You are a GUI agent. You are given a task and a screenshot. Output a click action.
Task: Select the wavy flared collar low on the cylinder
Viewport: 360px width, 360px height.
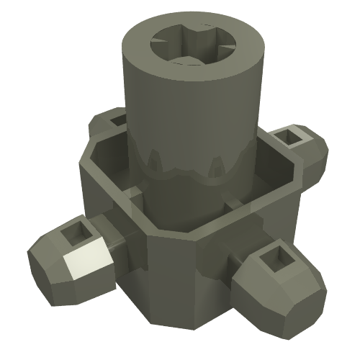pos(191,173)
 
